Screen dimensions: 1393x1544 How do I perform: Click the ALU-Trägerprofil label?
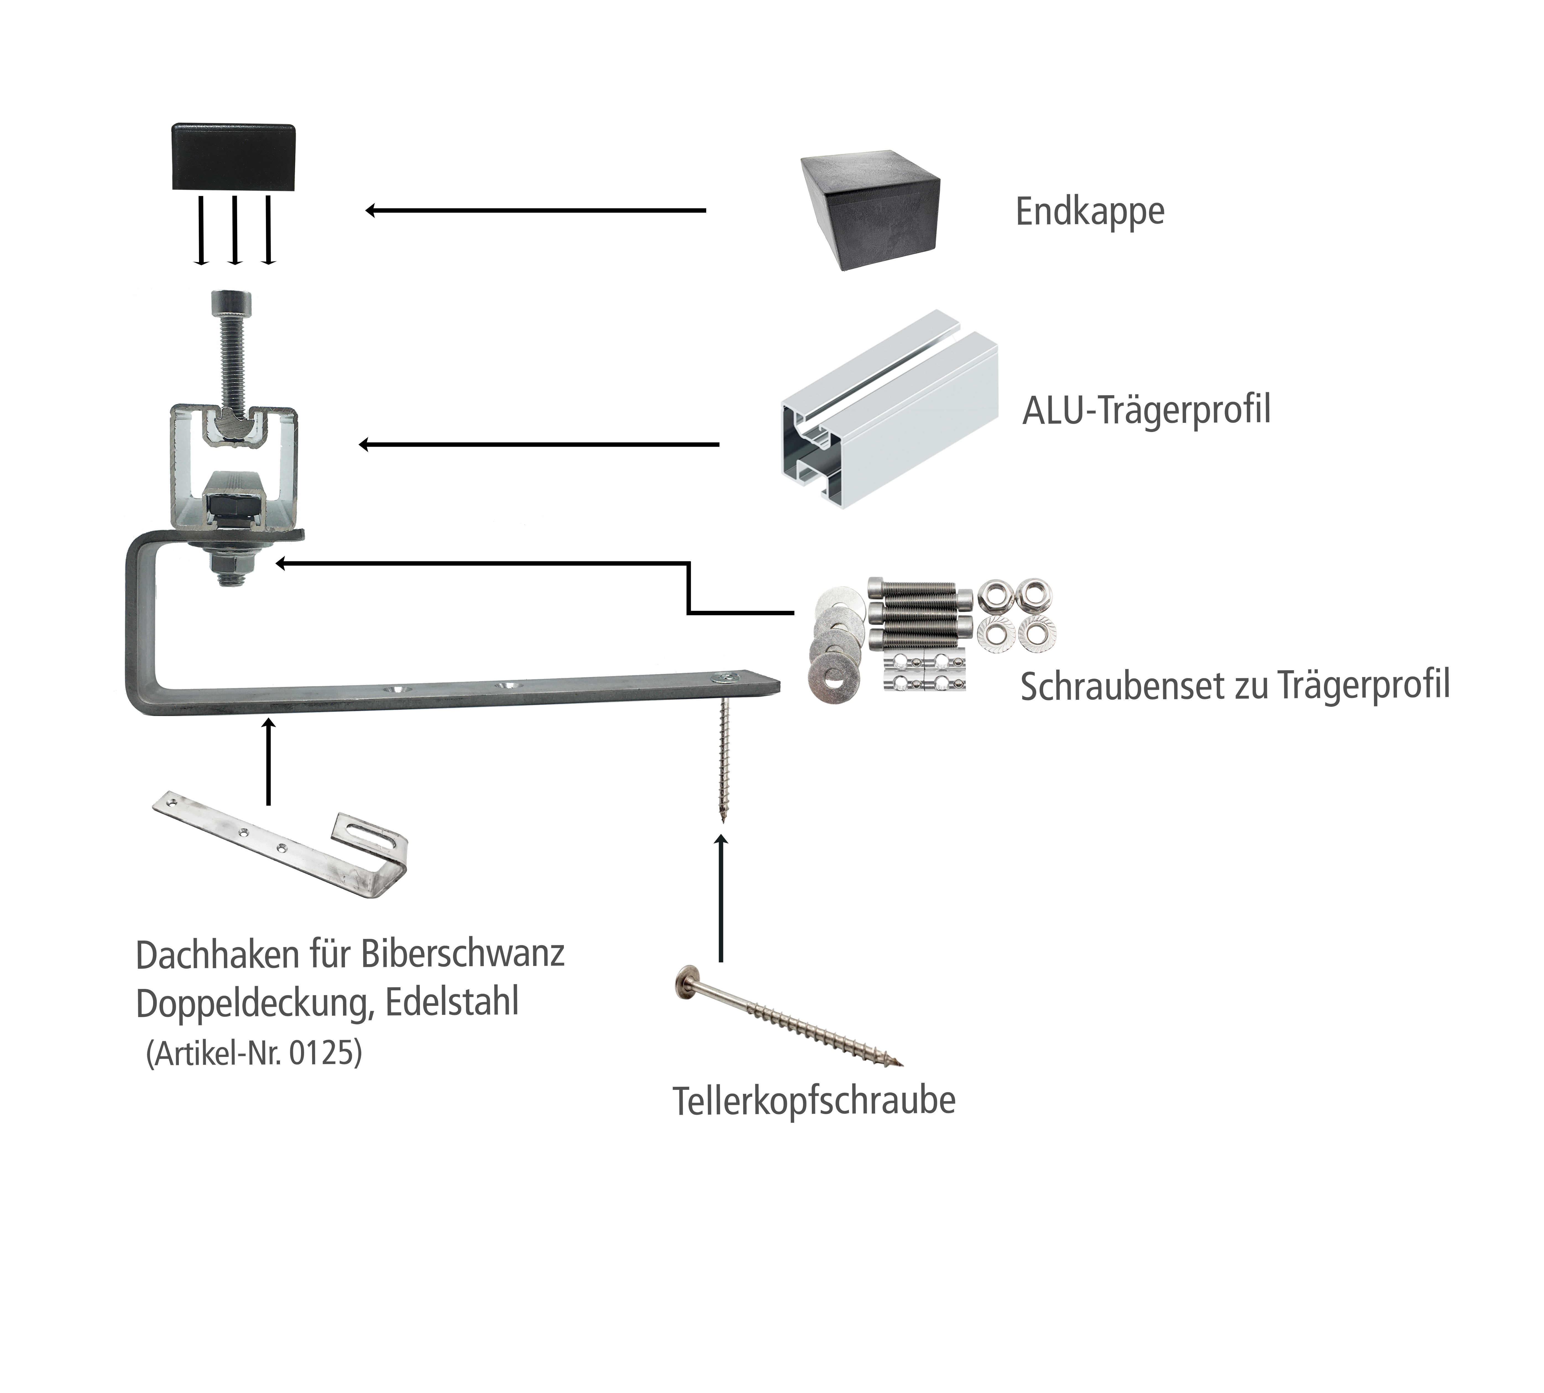click(1146, 410)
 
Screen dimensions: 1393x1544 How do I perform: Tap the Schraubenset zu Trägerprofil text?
click(1234, 685)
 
